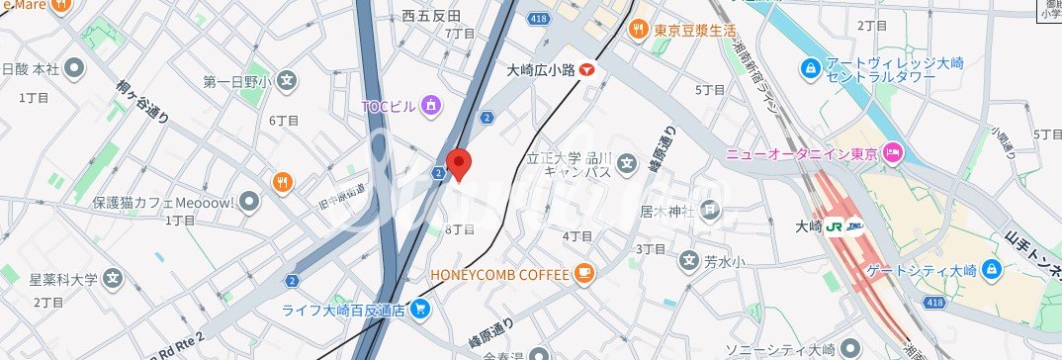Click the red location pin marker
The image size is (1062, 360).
(x=458, y=163)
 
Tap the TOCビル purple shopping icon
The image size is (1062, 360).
(x=430, y=104)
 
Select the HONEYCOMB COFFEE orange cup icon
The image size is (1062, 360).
(x=584, y=273)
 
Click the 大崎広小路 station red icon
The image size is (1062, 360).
(x=588, y=70)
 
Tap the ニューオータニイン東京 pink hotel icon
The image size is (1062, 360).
(x=892, y=153)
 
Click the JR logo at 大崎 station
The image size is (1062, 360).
(x=837, y=226)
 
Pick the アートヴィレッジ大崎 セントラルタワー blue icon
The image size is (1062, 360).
(x=811, y=69)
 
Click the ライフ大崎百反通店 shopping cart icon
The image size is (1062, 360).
(x=420, y=310)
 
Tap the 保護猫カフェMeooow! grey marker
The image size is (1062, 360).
(x=249, y=202)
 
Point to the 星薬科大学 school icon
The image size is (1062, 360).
(x=114, y=278)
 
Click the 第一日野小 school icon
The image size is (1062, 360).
(x=286, y=81)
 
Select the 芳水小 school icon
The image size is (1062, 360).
(x=688, y=262)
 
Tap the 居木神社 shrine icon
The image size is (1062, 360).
(x=711, y=210)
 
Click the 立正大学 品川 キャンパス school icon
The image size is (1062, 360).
(x=626, y=163)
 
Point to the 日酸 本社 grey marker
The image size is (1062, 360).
(x=74, y=69)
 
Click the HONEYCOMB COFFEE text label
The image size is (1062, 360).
(x=499, y=273)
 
